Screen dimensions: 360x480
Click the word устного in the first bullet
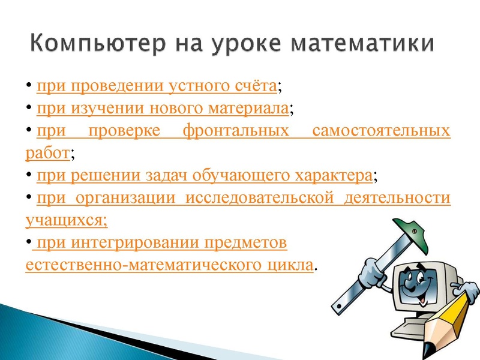tap(198, 86)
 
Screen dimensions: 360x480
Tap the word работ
tap(47, 152)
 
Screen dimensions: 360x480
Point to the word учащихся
tap(66, 220)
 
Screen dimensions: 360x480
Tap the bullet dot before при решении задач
tap(28, 175)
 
